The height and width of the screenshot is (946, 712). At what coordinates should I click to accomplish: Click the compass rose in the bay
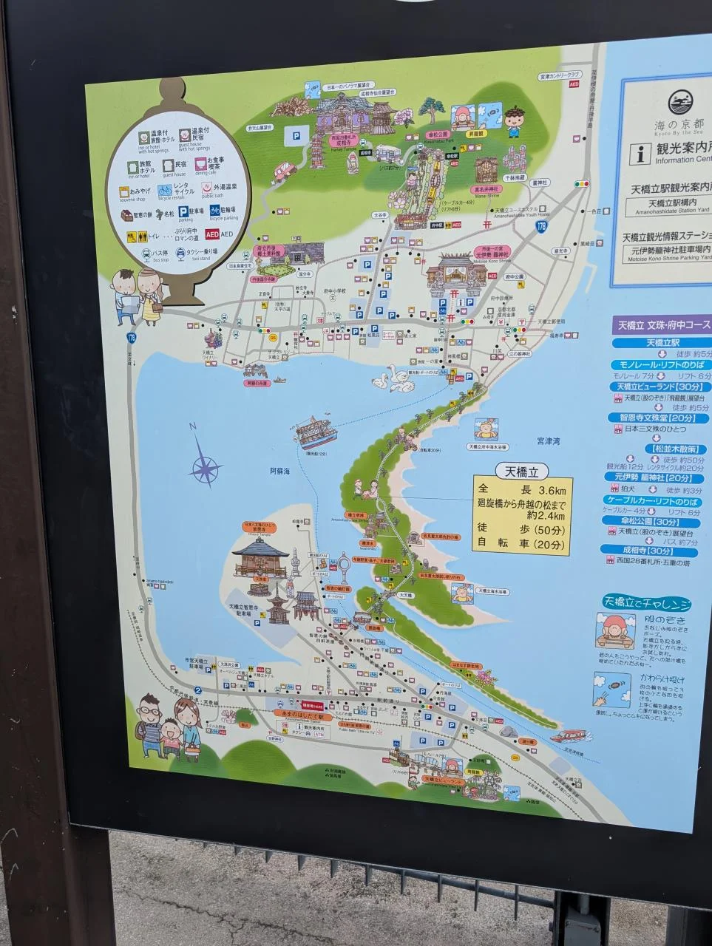click(206, 466)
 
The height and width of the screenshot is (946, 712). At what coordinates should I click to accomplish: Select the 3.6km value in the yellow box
click(551, 490)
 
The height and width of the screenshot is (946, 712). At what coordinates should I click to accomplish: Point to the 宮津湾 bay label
click(548, 440)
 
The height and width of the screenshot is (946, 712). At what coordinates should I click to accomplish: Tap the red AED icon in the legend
click(211, 234)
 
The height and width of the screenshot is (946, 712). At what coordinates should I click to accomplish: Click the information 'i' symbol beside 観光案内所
click(638, 153)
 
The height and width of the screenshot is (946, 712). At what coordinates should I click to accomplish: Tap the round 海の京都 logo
click(680, 103)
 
